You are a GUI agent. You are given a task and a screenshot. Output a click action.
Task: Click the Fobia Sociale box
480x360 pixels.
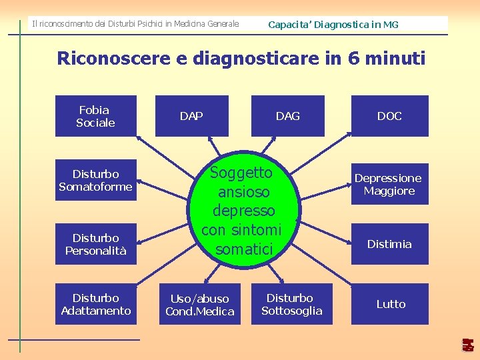(95, 116)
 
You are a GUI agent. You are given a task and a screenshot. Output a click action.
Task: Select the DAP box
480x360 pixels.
(191, 116)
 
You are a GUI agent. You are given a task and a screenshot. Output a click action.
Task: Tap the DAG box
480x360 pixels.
(287, 116)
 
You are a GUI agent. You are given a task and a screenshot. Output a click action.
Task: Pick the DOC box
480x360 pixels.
(389, 116)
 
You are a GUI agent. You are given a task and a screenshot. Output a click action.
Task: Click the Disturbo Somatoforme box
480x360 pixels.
(95, 180)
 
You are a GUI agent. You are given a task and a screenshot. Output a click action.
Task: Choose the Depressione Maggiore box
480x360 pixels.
(389, 184)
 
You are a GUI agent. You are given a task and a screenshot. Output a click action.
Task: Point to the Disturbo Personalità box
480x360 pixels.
(95, 244)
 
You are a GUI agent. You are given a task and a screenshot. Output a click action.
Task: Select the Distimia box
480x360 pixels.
(389, 244)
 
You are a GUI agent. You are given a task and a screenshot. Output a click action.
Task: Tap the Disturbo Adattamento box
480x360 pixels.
(95, 304)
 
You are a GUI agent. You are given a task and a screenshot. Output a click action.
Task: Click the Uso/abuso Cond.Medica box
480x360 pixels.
(200, 305)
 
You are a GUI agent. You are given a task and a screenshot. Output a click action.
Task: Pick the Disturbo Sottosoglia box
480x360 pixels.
(291, 304)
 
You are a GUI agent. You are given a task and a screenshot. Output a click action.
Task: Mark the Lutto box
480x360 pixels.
(390, 304)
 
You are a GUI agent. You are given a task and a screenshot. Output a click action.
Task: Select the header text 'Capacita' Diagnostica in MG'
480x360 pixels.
(333, 25)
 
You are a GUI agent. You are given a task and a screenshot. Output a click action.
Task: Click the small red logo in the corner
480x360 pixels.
(468, 345)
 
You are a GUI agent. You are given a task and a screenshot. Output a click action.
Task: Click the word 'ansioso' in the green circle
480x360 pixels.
(243, 192)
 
